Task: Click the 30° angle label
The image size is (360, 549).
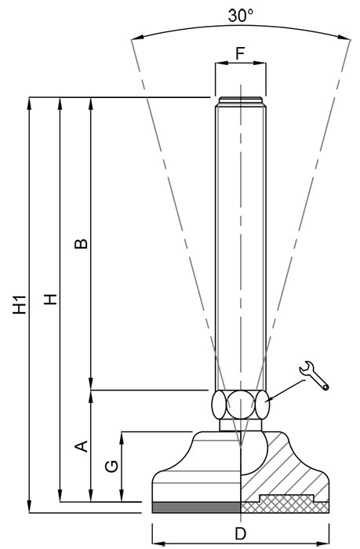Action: (x=241, y=16)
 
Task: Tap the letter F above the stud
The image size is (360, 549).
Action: (x=240, y=53)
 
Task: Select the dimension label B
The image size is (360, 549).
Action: (x=82, y=243)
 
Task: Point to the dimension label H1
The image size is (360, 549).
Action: (x=20, y=304)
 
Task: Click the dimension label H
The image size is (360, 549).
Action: (x=50, y=299)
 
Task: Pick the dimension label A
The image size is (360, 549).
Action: (x=82, y=446)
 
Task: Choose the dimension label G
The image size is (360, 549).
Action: (x=111, y=467)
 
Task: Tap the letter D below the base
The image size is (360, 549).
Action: (x=240, y=534)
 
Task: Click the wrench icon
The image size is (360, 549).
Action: (x=315, y=376)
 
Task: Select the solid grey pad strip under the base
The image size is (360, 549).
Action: (x=196, y=507)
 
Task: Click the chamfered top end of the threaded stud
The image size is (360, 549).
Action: (x=241, y=101)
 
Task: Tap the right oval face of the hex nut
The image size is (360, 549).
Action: (x=262, y=405)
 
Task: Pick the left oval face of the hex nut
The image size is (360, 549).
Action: (x=219, y=405)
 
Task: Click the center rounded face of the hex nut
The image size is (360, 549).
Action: (x=241, y=405)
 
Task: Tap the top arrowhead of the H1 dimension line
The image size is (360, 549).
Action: (x=30, y=103)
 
